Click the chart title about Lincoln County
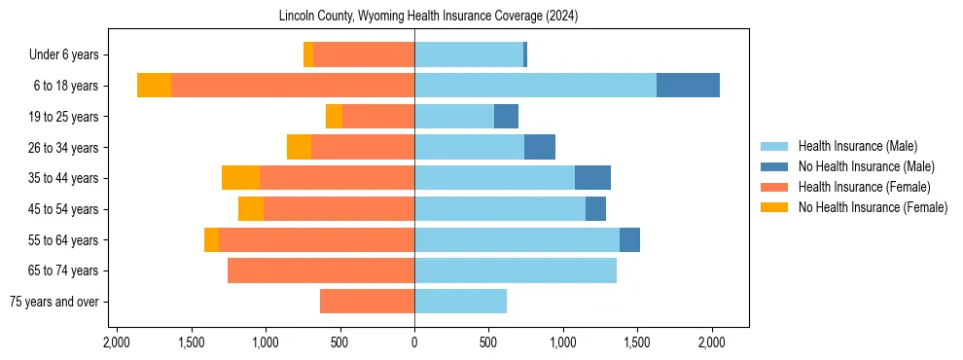click(x=428, y=17)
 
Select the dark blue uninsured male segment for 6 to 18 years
click(x=688, y=86)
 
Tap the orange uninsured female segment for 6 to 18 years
click(x=154, y=86)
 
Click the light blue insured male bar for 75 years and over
click(x=460, y=302)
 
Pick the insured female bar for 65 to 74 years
click(x=321, y=270)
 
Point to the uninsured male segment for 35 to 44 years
click(x=592, y=178)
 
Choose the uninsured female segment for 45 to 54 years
click(x=251, y=209)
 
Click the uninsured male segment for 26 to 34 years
click(x=540, y=147)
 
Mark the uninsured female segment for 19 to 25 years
click(x=334, y=117)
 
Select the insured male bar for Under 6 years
click(x=469, y=54)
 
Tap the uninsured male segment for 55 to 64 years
click(x=629, y=239)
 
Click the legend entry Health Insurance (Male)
click(x=857, y=146)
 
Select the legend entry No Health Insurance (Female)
click(x=873, y=207)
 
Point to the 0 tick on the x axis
click(x=414, y=342)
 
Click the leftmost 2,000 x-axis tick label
click(x=116, y=342)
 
